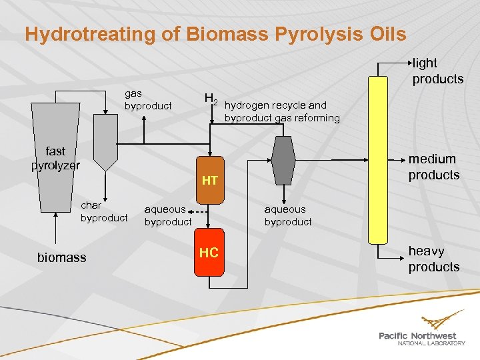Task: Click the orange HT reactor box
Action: click(209, 180)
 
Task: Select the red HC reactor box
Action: click(209, 253)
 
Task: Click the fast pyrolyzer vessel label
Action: click(55, 159)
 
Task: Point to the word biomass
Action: click(61, 257)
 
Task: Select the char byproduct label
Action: click(103, 212)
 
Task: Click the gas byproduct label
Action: click(148, 100)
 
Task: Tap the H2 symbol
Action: click(211, 101)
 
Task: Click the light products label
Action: click(437, 71)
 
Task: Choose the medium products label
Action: click(434, 167)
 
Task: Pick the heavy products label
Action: click(434, 259)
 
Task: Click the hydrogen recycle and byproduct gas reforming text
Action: click(282, 111)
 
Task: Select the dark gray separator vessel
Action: click(283, 160)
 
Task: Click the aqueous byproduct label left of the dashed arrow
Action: click(168, 215)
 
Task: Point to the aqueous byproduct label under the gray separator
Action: click(288, 215)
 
